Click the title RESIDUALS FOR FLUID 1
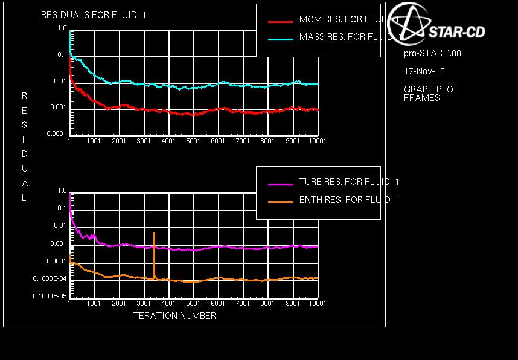[x=94, y=16]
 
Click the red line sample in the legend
[x=280, y=21]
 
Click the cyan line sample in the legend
[x=280, y=37]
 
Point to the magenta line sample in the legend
[x=280, y=182]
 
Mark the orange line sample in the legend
[x=280, y=201]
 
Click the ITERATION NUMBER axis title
[x=173, y=315]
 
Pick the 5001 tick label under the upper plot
[x=193, y=141]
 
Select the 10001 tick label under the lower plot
[x=317, y=304]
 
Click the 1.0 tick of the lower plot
[x=62, y=191]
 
